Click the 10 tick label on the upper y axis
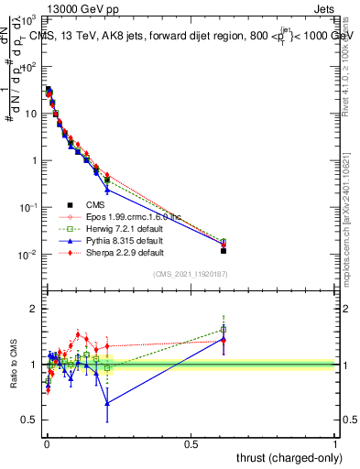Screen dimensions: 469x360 27,114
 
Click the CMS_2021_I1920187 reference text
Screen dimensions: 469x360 189,275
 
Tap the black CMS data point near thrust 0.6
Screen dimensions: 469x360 224,250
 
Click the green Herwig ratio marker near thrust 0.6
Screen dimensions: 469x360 224,329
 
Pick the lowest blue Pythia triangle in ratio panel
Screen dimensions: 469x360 107,403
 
